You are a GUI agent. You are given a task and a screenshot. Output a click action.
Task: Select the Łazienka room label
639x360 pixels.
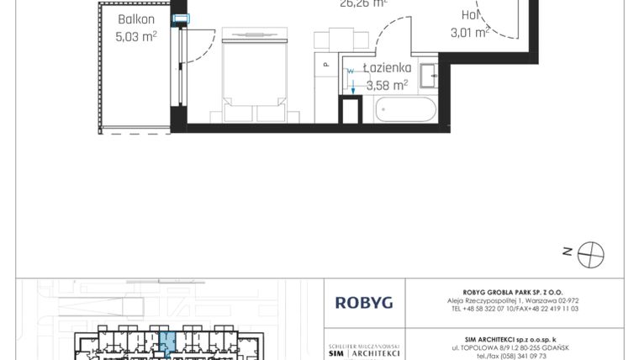click(387, 68)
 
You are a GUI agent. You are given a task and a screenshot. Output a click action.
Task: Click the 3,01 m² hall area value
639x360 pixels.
click(470, 33)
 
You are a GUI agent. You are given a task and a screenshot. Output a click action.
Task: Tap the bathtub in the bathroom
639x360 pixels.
click(404, 110)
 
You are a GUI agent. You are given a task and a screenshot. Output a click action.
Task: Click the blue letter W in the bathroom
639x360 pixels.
click(349, 72)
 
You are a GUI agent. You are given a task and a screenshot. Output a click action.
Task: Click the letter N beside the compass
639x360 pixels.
click(568, 250)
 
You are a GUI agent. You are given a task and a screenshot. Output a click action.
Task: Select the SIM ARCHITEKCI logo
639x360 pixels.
click(363, 352)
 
